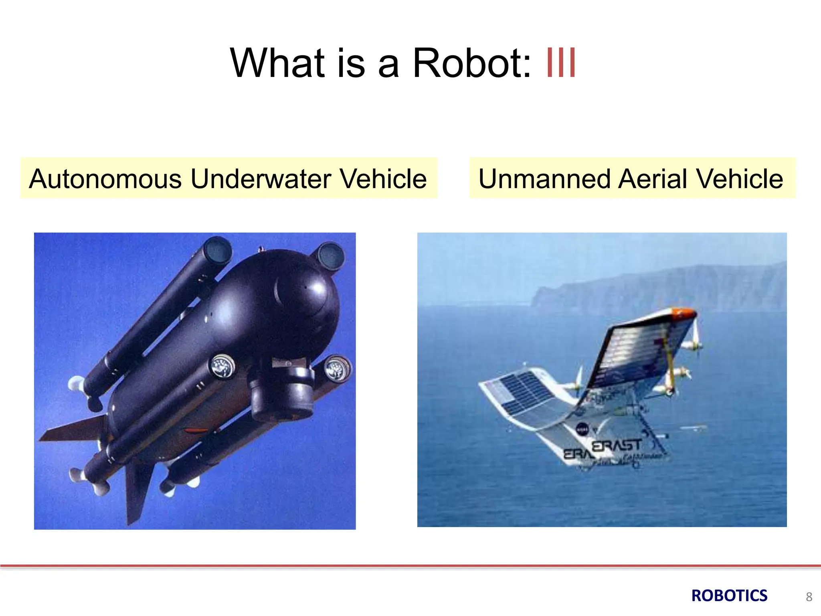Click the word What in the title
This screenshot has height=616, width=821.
coord(277,63)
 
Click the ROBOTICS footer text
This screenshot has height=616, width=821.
coord(729,596)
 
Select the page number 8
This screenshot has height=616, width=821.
coord(809,597)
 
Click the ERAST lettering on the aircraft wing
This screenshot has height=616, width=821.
coord(617,446)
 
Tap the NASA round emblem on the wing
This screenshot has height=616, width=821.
coord(582,430)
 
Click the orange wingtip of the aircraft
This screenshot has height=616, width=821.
coord(684,312)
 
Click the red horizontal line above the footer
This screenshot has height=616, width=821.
coord(410,565)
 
